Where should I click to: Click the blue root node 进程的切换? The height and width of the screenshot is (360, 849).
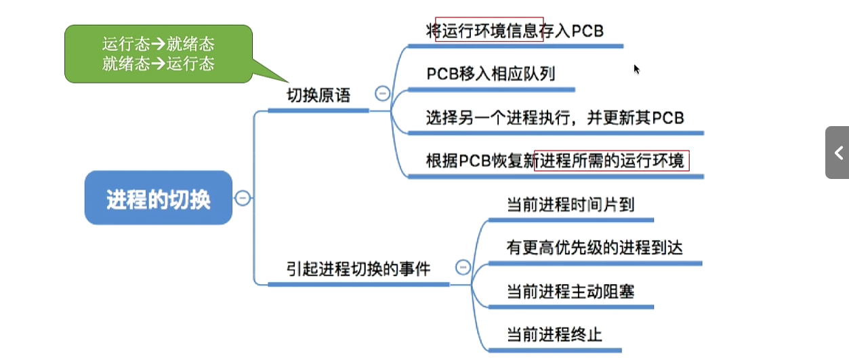[x=158, y=198]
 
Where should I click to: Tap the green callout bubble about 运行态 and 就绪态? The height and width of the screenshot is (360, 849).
[x=158, y=54]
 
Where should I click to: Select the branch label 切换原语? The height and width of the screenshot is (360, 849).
[x=318, y=96]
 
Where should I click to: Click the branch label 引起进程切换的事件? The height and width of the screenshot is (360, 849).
[x=358, y=268]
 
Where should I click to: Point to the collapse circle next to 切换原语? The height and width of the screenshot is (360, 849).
[x=382, y=94]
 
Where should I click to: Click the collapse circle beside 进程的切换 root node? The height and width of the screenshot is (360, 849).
[x=243, y=198]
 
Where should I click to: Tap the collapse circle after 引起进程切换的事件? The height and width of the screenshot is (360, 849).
[x=463, y=267]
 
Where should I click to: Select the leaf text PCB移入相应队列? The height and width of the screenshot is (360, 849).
[x=491, y=73]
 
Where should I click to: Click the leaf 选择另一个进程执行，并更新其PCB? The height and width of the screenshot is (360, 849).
[x=554, y=117]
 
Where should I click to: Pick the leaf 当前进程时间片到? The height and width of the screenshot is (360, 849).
[x=570, y=204]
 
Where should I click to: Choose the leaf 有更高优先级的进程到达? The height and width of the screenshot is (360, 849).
[x=594, y=247]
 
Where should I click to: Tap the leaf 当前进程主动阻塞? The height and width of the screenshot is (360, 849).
[x=570, y=292]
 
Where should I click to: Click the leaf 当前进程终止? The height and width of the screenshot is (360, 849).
[x=554, y=334]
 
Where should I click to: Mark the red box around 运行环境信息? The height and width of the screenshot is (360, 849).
[x=489, y=30]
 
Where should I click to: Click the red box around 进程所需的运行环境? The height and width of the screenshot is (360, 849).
[x=611, y=161]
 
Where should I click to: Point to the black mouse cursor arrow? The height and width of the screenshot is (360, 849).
[x=636, y=68]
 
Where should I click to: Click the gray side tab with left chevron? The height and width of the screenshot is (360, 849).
[x=837, y=153]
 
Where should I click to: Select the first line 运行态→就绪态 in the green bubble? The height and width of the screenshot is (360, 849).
[x=158, y=45]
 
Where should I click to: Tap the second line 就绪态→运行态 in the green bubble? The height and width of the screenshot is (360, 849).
[x=158, y=64]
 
